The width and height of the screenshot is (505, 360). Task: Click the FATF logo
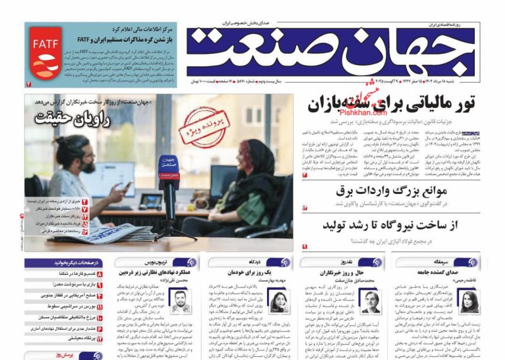click(43, 56)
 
